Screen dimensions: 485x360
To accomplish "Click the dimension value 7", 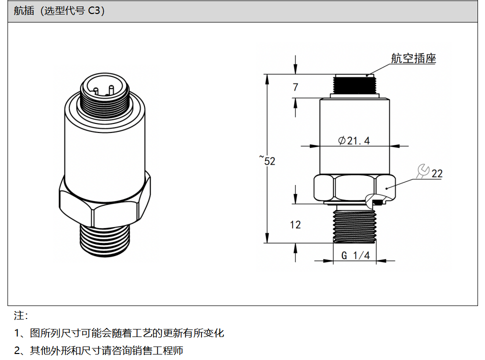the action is (x=295, y=87).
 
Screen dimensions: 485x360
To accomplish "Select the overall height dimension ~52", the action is (x=267, y=160).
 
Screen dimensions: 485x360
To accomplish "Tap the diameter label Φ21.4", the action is (x=354, y=140).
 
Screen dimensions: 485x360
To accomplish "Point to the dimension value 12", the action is (x=295, y=224).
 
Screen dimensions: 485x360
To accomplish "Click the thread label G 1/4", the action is (x=355, y=255).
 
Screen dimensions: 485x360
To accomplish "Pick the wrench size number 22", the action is (x=437, y=173).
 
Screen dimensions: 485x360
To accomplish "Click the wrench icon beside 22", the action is (x=423, y=171).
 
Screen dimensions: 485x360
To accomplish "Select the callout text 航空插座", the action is (x=413, y=58).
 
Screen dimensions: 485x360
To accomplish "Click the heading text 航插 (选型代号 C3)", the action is (x=59, y=10).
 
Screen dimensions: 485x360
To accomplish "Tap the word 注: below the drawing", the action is (x=21, y=315).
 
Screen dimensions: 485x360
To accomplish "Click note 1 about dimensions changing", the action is (x=119, y=333).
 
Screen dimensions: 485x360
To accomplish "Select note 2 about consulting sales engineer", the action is (x=98, y=350).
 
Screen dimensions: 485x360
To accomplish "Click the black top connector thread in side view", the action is (x=354, y=84).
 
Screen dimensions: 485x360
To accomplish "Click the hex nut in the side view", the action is (x=354, y=187).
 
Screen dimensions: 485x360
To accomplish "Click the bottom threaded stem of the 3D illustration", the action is (x=105, y=240).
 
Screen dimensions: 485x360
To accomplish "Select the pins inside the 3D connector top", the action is (x=104, y=90).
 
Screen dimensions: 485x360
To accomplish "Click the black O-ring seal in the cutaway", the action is (x=377, y=202).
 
